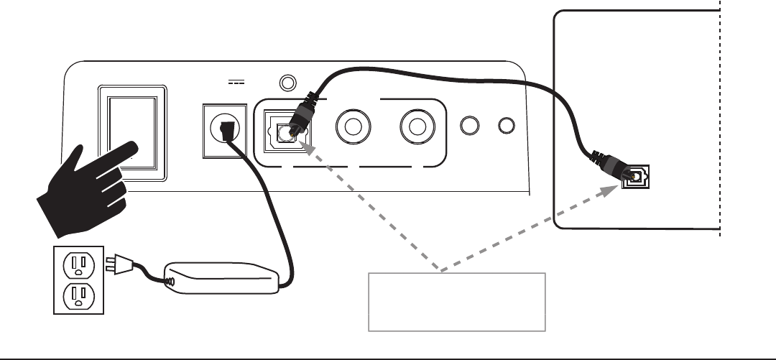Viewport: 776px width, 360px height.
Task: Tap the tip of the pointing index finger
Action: tap(133, 148)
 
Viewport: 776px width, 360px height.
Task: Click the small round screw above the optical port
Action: tap(289, 82)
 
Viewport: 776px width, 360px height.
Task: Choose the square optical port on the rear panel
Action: tap(281, 130)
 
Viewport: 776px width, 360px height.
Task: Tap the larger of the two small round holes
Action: tap(470, 125)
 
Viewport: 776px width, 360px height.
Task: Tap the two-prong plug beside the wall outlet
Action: tap(116, 265)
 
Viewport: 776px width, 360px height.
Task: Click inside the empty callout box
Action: tap(457, 301)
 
